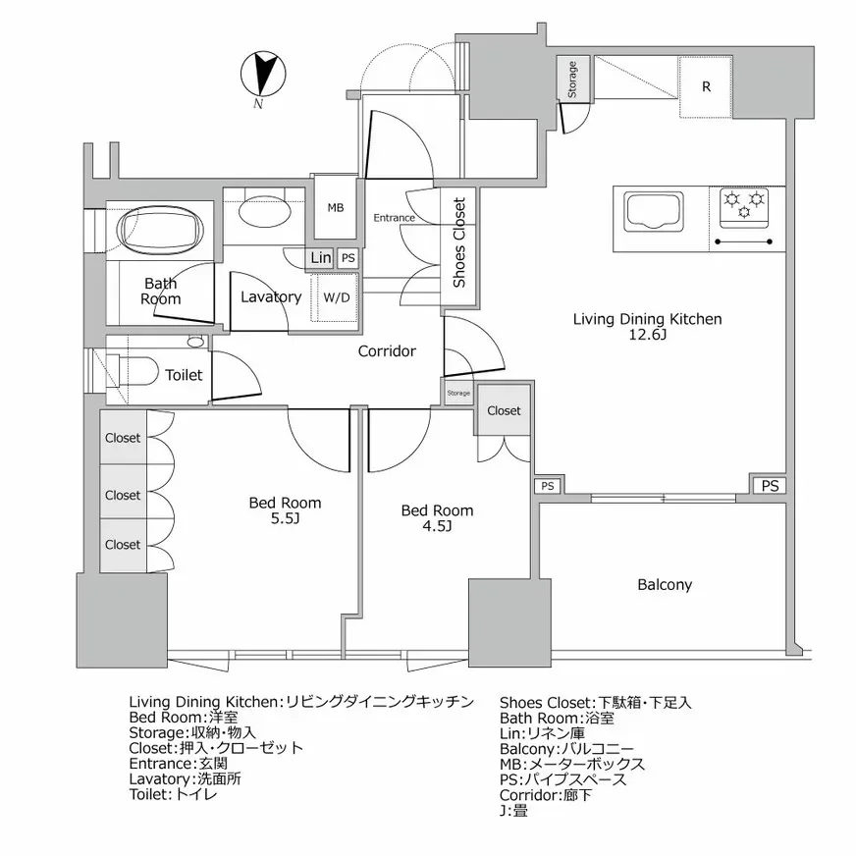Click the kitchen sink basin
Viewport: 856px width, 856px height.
click(x=653, y=210)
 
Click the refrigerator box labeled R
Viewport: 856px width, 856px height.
click(x=706, y=86)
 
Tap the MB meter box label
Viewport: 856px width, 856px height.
click(x=336, y=207)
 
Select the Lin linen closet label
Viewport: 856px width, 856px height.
click(x=320, y=258)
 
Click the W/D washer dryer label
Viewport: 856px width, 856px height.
click(x=336, y=296)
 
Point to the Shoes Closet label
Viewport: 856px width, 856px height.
click(x=458, y=242)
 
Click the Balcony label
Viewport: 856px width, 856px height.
click(x=665, y=584)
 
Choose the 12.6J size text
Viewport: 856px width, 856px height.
click(x=648, y=336)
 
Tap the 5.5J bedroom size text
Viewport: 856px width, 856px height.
click(x=285, y=519)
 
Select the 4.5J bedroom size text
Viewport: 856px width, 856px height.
click(x=437, y=527)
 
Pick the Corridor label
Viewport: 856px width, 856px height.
click(x=387, y=350)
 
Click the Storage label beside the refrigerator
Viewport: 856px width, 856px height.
click(x=572, y=80)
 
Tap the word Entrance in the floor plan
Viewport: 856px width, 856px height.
click(x=393, y=218)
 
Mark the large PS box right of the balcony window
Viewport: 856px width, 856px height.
click(x=771, y=486)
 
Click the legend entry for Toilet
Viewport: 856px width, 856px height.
click(x=173, y=794)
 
